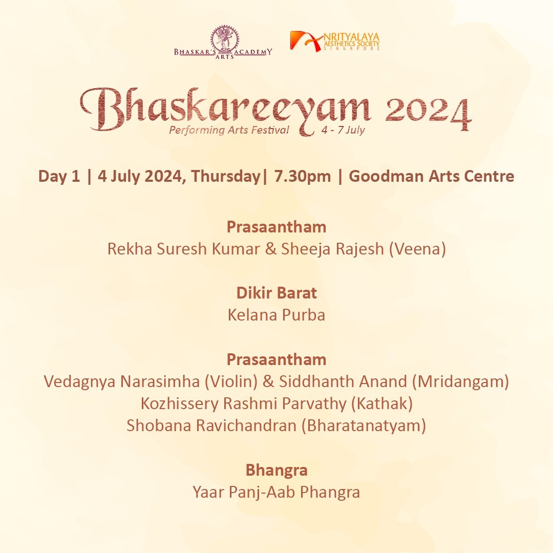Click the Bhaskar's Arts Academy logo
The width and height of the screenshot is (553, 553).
[223, 42]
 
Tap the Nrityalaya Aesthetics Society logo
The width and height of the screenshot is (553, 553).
[335, 41]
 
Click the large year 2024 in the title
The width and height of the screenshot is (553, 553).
[428, 112]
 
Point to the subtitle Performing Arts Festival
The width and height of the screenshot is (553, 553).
[229, 130]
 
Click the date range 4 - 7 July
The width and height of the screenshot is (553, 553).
[343, 130]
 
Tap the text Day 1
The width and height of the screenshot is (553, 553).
[59, 176]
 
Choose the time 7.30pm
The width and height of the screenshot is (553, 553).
[302, 176]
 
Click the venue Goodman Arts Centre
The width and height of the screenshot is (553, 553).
[431, 176]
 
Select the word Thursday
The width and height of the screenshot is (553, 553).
[226, 176]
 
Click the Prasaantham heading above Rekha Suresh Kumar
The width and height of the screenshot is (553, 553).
[276, 227]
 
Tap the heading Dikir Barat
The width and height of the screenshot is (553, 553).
[276, 293]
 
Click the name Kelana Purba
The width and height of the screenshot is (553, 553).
[276, 315]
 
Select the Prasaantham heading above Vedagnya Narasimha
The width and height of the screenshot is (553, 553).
[276, 360]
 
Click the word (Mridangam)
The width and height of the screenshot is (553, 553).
[461, 382]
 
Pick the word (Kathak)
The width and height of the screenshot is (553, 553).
[382, 404]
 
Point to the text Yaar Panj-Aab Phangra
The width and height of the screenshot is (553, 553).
[276, 493]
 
